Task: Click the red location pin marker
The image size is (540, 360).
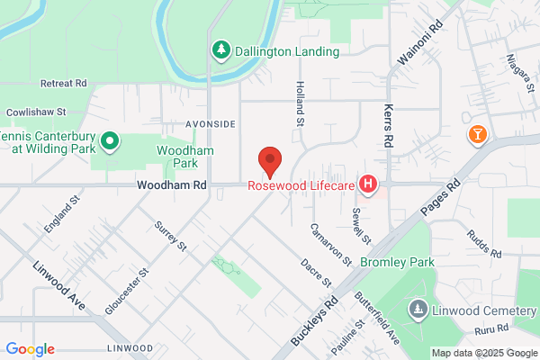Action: [x=270, y=161]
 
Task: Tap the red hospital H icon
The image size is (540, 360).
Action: [x=367, y=184]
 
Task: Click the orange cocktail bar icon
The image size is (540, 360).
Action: [x=477, y=135]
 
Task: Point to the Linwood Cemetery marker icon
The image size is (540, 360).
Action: [x=418, y=310]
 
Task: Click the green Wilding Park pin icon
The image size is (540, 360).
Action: [x=110, y=140]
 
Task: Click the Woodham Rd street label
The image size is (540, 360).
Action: [x=172, y=184]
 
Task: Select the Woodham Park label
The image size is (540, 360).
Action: [x=177, y=157]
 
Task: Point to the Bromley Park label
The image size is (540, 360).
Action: [x=397, y=262]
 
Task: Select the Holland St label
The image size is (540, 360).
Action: [x=301, y=99]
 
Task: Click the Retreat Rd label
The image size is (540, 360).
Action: [x=63, y=83]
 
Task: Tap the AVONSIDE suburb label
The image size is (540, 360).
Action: [x=211, y=123]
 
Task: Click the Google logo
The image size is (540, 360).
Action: [x=30, y=349]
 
